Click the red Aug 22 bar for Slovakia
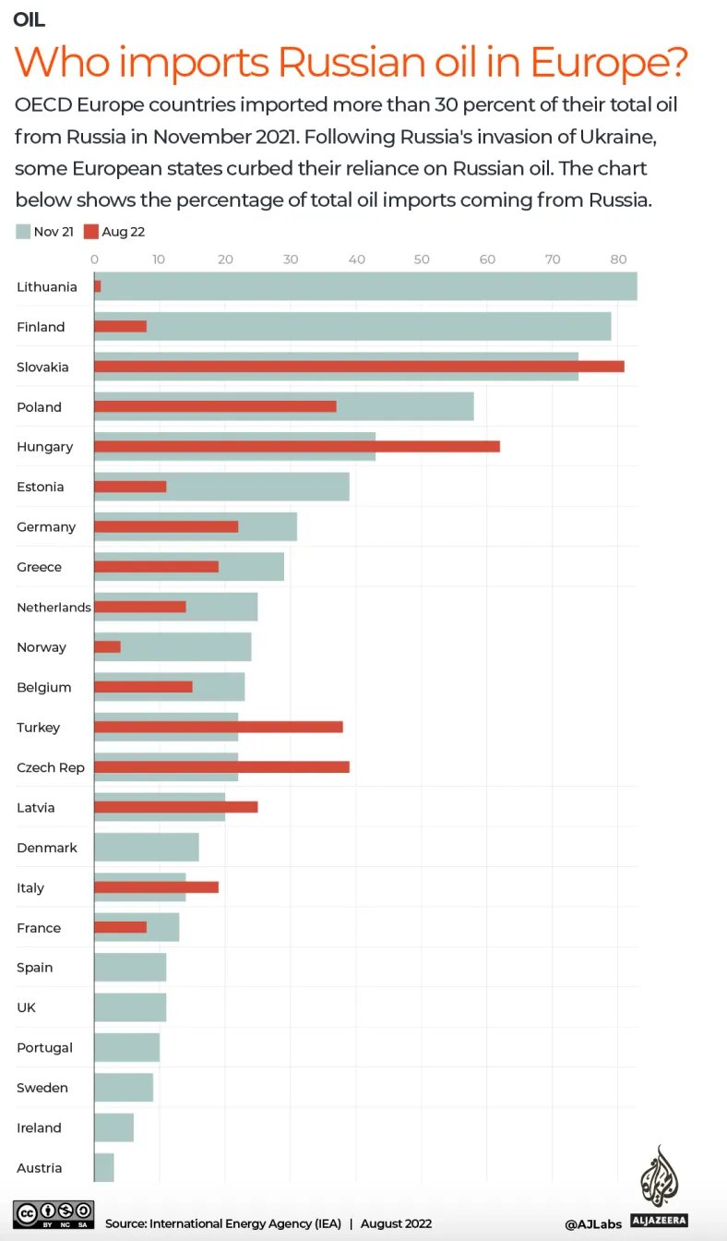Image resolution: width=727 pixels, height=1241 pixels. (359, 367)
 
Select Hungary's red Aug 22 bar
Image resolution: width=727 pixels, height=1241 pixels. (297, 447)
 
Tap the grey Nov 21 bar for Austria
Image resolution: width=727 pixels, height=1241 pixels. (103, 1167)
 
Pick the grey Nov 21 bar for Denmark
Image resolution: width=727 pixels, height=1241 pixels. (146, 847)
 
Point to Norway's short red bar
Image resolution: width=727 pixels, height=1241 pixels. (107, 647)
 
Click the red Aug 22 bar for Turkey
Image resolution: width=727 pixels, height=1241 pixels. (219, 727)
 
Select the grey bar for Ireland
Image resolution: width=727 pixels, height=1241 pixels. (113, 1127)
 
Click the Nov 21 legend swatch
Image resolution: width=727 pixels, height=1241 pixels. (23, 232)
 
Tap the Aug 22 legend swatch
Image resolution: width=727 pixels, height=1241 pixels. (91, 232)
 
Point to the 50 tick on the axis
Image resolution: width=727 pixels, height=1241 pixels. (422, 259)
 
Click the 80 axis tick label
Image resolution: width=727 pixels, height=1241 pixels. (618, 259)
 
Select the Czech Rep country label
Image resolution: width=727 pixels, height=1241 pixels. (51, 767)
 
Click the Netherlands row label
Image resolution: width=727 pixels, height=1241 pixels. (54, 607)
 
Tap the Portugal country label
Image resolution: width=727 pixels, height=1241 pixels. (44, 1047)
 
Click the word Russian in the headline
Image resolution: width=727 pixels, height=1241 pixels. (356, 62)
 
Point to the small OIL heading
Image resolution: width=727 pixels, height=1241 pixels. (30, 19)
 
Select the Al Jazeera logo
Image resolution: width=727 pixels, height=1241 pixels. (661, 1187)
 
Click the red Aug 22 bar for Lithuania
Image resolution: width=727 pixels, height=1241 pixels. (97, 286)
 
